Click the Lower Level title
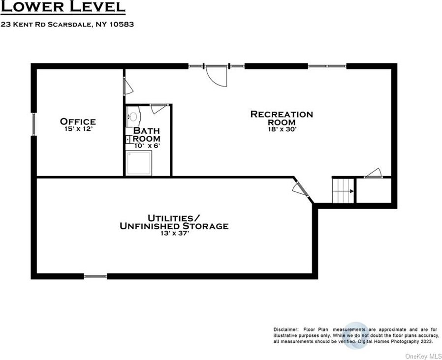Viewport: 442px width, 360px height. [63, 7]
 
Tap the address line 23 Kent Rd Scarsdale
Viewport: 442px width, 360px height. [67, 24]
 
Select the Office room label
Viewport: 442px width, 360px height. [78, 121]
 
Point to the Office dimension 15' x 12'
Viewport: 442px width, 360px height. [79, 129]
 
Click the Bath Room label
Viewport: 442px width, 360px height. [147, 134]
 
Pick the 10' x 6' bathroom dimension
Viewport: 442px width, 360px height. [147, 146]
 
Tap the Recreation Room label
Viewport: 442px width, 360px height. [282, 118]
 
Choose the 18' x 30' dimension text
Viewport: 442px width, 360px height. [283, 129]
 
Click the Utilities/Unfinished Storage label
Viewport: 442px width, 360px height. [174, 222]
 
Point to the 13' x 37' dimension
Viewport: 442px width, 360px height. [175, 233]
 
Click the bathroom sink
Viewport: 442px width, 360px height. [133, 116]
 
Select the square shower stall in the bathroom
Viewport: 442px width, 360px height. [139, 163]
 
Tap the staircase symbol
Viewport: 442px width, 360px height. [344, 190]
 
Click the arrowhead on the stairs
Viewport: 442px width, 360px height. [352, 191]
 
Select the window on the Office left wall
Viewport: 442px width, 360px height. [33, 124]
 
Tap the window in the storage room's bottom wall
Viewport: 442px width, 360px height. [95, 276]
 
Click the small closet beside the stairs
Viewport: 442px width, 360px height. [374, 190]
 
